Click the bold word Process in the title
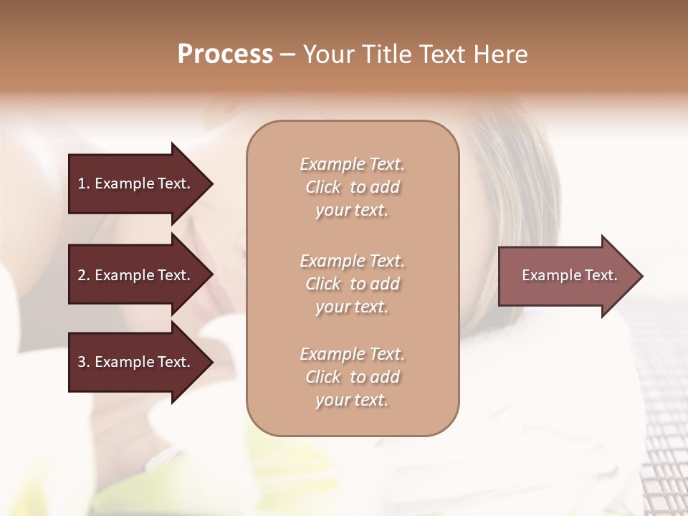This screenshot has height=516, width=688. (225, 54)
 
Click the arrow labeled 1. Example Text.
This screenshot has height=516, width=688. (136, 183)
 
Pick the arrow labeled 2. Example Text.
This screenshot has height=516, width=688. (136, 275)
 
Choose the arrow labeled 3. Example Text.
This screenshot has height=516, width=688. (136, 362)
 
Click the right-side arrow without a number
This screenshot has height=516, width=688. (566, 275)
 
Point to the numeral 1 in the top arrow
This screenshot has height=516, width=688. (82, 183)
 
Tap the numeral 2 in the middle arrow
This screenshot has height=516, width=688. (82, 275)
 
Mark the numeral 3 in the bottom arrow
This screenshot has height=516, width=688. (82, 362)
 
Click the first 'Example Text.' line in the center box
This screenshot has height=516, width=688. (353, 164)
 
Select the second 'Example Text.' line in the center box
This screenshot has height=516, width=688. (353, 261)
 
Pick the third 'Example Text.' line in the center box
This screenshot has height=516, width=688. (353, 354)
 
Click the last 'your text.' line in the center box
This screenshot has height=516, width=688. (353, 401)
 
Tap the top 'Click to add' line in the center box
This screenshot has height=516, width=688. (353, 187)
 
